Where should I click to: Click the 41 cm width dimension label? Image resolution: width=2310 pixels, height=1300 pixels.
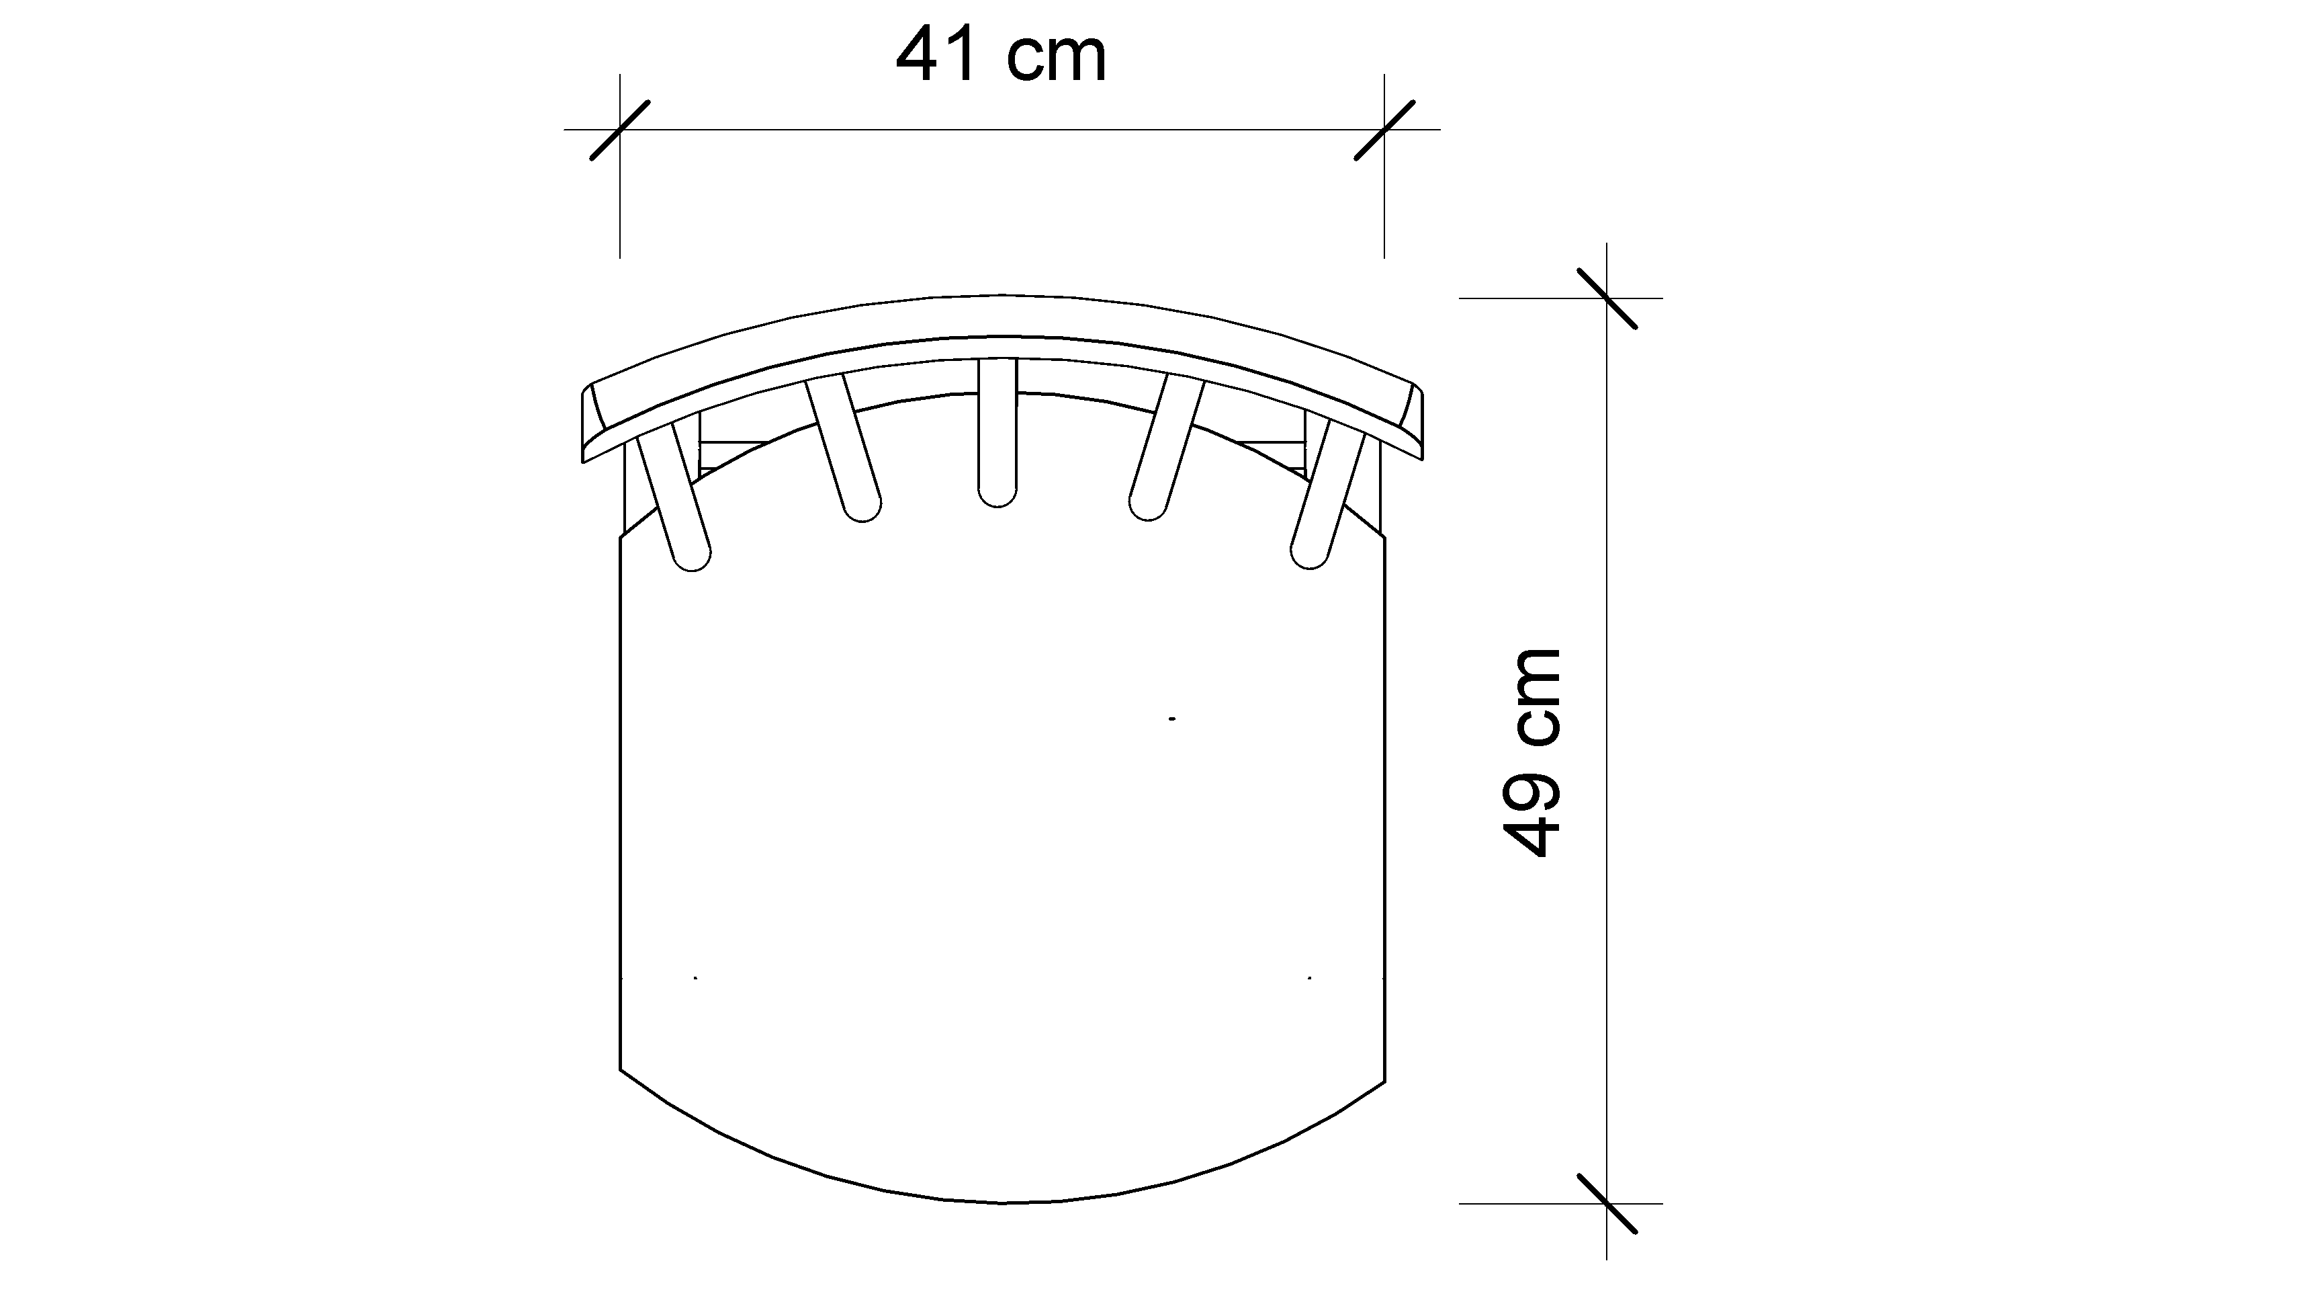click(x=1001, y=56)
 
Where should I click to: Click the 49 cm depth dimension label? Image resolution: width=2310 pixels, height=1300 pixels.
click(x=1531, y=751)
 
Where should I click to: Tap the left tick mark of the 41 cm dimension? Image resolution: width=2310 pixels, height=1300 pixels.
click(x=619, y=130)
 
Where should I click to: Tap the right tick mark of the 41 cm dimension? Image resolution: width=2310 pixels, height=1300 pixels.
click(x=1384, y=130)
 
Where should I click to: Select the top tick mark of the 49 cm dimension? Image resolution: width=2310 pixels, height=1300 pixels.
click(x=1606, y=298)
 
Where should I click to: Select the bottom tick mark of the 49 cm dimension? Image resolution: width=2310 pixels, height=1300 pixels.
click(x=1606, y=1203)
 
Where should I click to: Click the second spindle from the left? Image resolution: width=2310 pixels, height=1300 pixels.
click(x=843, y=448)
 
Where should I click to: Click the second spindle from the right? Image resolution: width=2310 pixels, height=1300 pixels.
click(x=1166, y=448)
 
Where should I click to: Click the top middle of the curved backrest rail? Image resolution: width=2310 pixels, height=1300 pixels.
click(x=1001, y=316)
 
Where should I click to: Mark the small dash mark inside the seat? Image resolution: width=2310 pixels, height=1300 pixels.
click(x=1172, y=719)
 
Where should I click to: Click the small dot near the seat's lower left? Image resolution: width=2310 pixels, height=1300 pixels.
click(x=696, y=977)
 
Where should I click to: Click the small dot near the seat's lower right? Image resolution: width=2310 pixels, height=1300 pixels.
click(x=1310, y=977)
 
